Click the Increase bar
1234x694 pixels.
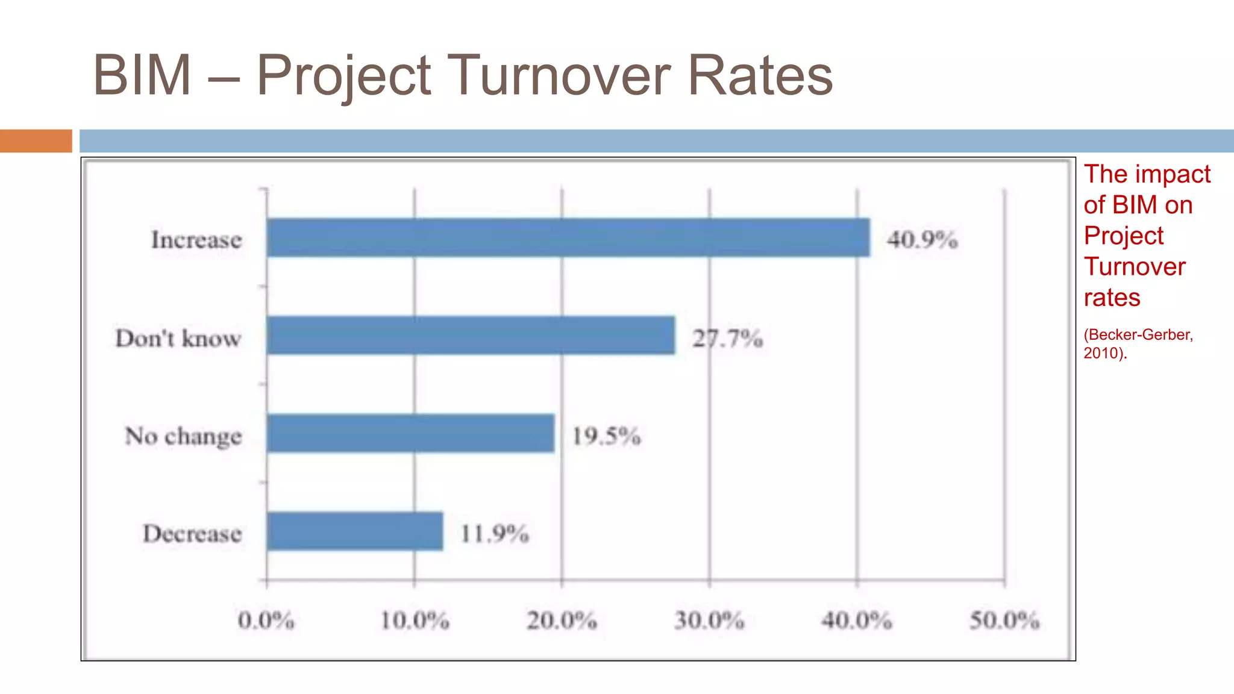[568, 237]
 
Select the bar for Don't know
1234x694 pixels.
[471, 335]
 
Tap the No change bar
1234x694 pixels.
[410, 433]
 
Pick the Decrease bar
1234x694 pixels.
[355, 531]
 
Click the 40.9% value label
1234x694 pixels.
[922, 240]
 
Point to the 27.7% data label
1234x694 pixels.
[727, 339]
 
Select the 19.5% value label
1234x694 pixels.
[606, 436]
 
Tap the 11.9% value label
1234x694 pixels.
[494, 534]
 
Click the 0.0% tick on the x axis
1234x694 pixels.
[266, 621]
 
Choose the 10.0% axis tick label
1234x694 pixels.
[415, 621]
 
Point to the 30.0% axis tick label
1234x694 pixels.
[709, 621]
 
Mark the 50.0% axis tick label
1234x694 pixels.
[1004, 621]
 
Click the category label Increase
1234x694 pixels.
[196, 240]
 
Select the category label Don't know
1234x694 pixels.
[178, 339]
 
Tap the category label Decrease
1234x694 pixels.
[192, 534]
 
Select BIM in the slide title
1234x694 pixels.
[142, 75]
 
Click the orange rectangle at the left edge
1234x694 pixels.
[36, 141]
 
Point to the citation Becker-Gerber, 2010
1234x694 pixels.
[1138, 343]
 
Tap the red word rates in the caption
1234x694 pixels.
[1112, 298]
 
